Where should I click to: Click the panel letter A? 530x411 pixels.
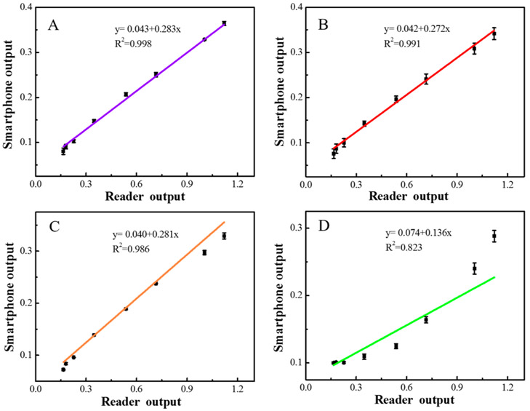[x=53, y=26]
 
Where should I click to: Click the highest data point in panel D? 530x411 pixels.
[x=494, y=236]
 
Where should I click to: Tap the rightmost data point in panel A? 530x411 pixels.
[x=224, y=23]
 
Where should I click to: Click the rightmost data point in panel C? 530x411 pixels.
[x=224, y=236]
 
